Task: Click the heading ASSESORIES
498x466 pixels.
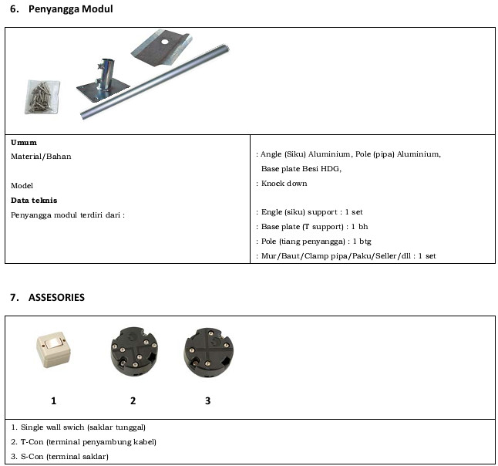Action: (x=56, y=297)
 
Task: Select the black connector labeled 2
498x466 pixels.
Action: (x=133, y=353)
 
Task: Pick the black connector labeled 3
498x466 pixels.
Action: (x=208, y=353)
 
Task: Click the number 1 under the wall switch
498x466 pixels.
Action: (x=54, y=400)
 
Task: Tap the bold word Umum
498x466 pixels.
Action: (x=24, y=142)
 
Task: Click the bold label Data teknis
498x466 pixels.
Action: (x=34, y=200)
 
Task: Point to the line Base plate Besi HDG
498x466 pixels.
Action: (x=301, y=168)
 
